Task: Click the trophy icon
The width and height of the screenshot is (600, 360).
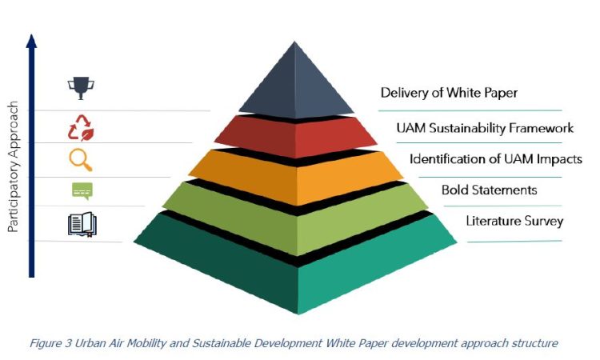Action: [x=81, y=88]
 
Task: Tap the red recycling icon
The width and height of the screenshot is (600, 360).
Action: [x=81, y=128]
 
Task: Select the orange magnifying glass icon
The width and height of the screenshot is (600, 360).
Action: [x=81, y=160]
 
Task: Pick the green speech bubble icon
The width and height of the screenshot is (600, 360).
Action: [x=82, y=191]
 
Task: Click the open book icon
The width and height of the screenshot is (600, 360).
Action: [x=82, y=225]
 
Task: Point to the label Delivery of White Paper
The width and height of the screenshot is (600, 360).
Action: [x=449, y=93]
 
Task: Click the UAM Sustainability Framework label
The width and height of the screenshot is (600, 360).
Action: [x=485, y=128]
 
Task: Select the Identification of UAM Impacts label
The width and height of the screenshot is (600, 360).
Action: [x=496, y=159]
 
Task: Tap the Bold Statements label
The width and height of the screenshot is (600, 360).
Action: [x=489, y=190]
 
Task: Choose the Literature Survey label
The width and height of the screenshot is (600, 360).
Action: [x=514, y=221]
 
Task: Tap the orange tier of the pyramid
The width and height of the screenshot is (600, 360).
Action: [x=296, y=176]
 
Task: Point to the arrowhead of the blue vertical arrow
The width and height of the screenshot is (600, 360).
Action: [x=32, y=41]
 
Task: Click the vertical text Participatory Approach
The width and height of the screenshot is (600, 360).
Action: [x=13, y=166]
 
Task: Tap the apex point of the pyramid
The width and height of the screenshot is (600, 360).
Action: [x=294, y=42]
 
